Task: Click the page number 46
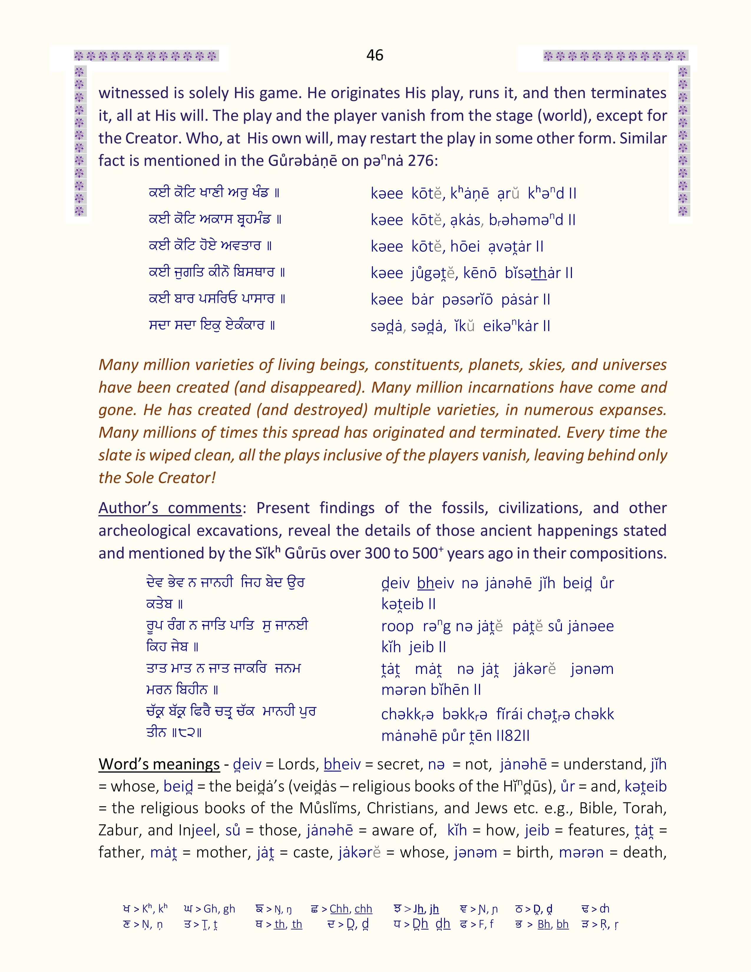click(375, 55)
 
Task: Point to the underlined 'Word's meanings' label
click(159, 764)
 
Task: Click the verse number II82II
click(512, 736)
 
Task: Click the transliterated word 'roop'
click(397, 626)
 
